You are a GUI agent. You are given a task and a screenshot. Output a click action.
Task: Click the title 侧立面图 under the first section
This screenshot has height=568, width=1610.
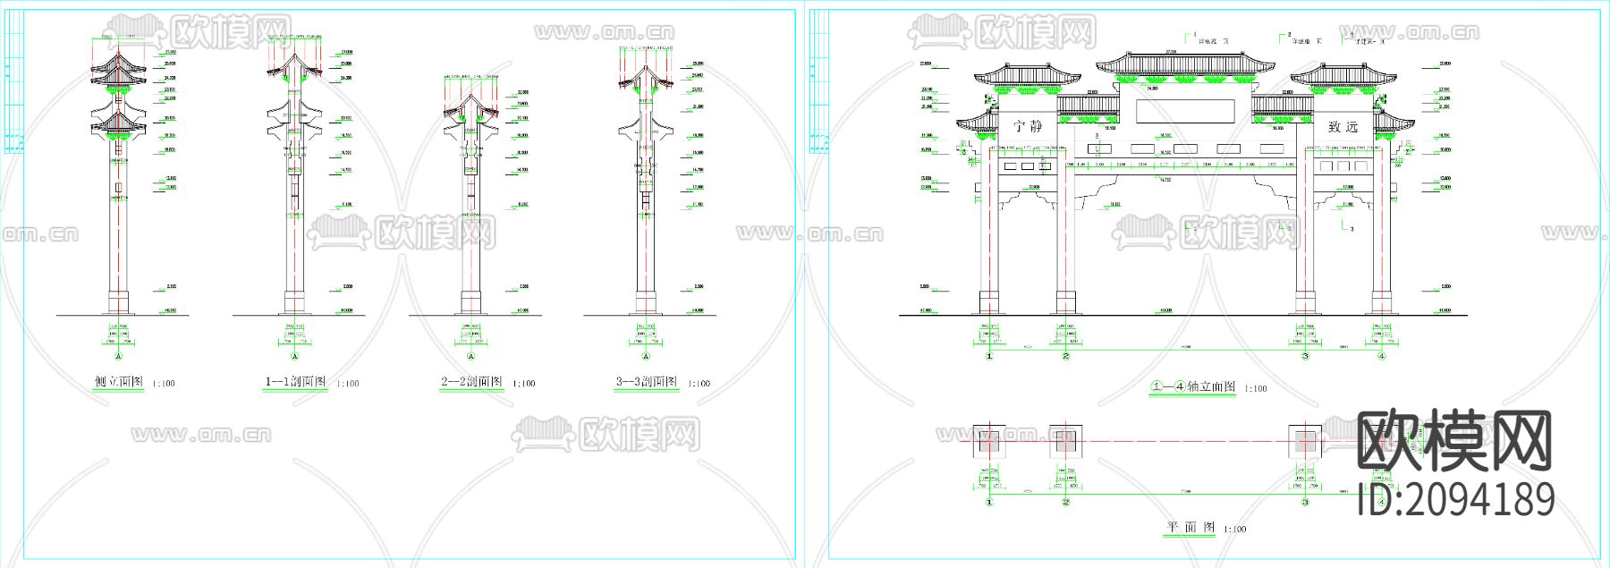click(x=119, y=382)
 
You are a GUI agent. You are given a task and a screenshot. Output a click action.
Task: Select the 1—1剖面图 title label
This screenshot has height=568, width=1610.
click(x=295, y=382)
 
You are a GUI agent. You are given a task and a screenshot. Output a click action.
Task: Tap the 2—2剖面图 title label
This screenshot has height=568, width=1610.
click(x=471, y=382)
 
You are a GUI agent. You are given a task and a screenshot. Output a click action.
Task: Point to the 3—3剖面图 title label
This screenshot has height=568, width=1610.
click(x=647, y=382)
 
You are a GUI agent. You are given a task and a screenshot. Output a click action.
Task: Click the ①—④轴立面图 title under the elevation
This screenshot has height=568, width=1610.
click(x=1194, y=386)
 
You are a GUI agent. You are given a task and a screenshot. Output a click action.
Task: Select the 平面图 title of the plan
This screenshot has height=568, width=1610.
click(x=1191, y=528)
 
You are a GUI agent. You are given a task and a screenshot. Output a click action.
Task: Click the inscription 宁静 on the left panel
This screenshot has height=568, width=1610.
click(x=1028, y=126)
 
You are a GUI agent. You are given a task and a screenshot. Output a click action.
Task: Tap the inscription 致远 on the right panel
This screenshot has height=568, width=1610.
click(x=1343, y=127)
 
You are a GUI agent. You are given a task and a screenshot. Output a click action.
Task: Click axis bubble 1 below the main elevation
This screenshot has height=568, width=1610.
click(x=989, y=356)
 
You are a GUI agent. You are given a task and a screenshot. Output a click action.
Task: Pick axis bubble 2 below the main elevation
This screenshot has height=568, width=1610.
click(x=1065, y=356)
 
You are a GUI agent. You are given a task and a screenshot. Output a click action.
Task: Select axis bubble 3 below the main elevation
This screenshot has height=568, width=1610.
click(x=1305, y=356)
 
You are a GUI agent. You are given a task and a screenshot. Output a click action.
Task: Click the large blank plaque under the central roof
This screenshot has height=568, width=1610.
click(x=1185, y=111)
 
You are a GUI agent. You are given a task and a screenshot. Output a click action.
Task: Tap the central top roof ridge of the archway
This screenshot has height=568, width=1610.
click(x=1185, y=55)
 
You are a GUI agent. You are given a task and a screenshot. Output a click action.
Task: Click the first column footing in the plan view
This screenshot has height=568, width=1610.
click(x=988, y=441)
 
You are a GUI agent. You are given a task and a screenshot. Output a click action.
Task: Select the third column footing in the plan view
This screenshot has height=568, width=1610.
click(x=1305, y=441)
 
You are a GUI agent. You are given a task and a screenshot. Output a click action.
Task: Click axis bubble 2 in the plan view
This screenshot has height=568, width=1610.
click(x=1065, y=502)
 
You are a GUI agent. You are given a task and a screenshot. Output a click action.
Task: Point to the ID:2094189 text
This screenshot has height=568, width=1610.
click(x=1455, y=499)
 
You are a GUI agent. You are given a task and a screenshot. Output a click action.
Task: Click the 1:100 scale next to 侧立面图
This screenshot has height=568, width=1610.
click(x=164, y=384)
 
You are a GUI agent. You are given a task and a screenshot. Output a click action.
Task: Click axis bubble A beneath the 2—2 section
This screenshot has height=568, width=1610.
click(x=471, y=356)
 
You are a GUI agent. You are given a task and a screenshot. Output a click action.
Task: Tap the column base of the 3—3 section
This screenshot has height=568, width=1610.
click(x=647, y=301)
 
